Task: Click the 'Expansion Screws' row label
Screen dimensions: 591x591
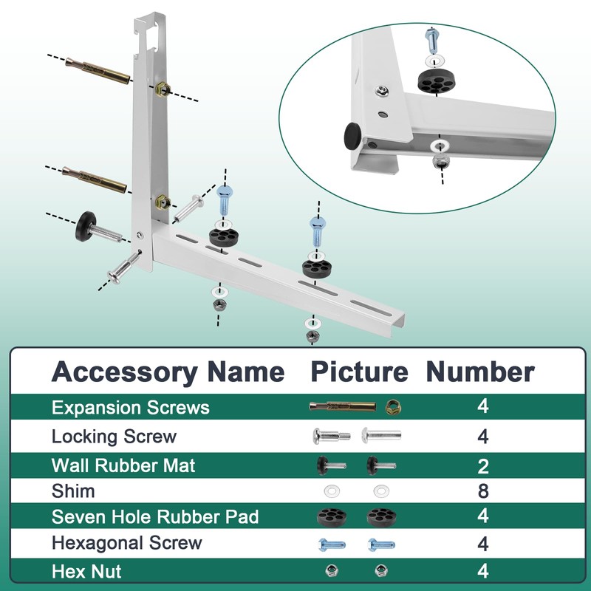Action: pos(130,408)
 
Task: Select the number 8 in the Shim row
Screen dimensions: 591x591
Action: pos(482,491)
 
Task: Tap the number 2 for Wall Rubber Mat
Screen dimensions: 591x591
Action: pos(482,465)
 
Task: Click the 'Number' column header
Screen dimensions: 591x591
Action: pos(479,372)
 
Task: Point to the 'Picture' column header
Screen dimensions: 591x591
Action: pos(358,372)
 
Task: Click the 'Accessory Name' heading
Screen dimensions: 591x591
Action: pos(168,372)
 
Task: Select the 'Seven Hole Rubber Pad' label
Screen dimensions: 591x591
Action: pos(155,516)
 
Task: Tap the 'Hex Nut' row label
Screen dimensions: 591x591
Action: pos(86,571)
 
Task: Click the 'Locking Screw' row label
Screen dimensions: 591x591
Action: pos(114,437)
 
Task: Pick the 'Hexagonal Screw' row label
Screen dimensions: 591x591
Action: pos(126,543)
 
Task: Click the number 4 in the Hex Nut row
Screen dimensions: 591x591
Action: pos(482,571)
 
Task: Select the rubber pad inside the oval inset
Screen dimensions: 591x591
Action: pos(434,81)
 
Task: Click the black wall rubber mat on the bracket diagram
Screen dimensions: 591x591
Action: pos(86,219)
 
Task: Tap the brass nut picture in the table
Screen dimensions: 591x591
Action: pos(392,408)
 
